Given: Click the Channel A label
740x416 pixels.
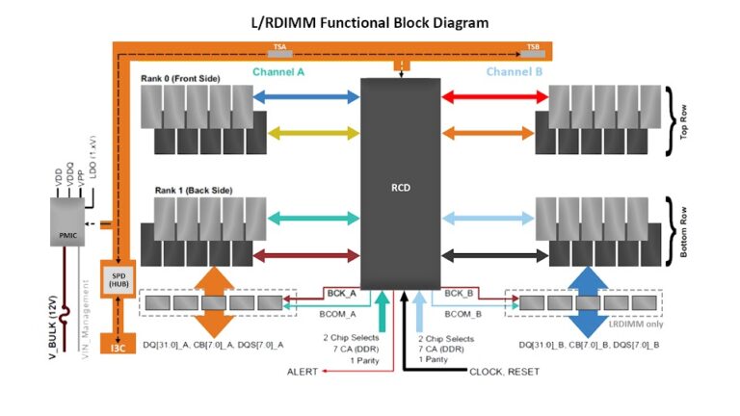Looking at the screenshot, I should click(278, 72).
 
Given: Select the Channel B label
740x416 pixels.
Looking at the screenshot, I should click(516, 72).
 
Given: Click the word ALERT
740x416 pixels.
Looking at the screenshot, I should click(303, 371).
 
